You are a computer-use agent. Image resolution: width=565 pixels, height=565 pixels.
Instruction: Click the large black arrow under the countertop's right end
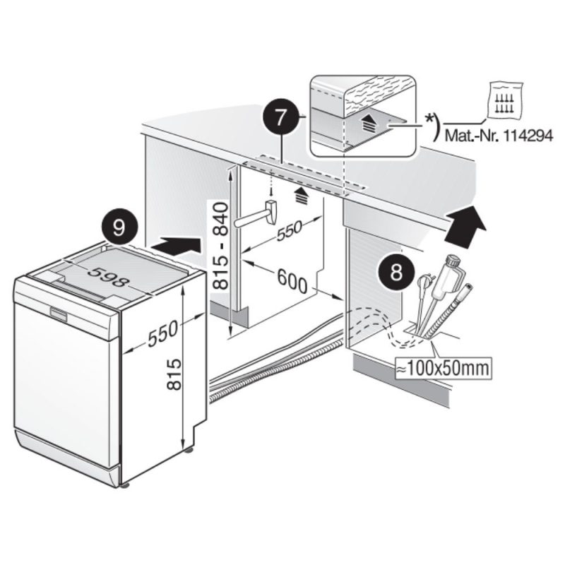(x=467, y=223)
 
